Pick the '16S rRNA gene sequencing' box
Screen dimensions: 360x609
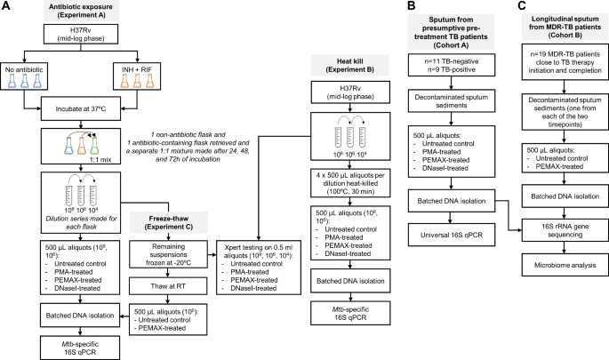[x=549, y=230]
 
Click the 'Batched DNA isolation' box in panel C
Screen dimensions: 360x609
[x=549, y=195]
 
